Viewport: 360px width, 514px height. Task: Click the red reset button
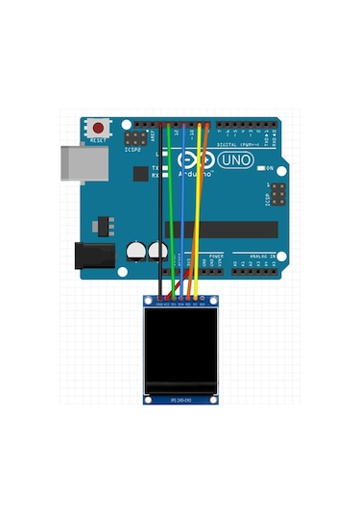(99, 127)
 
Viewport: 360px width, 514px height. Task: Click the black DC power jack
(88, 256)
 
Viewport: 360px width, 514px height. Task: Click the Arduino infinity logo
(194, 158)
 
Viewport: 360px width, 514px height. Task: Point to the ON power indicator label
(271, 168)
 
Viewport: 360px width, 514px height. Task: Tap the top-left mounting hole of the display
(148, 302)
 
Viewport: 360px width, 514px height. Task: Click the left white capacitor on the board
(136, 252)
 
